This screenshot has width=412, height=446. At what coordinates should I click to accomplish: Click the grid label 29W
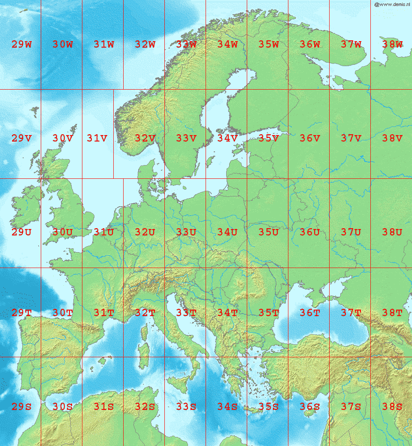point(21,44)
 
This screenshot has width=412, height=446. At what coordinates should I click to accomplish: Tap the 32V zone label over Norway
point(145,139)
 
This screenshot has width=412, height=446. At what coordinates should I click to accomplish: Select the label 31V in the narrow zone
point(97,139)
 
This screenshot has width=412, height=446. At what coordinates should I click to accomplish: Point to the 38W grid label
point(392,44)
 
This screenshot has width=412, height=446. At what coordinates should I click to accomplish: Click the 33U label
point(186,232)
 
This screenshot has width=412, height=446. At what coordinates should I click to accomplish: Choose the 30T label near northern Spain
point(63,313)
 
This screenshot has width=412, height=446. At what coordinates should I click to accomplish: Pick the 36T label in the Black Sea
point(310,313)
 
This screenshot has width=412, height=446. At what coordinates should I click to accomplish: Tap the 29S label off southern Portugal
point(21,407)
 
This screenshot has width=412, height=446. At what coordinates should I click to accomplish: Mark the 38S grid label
point(392,407)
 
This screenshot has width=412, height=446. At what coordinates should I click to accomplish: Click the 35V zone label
point(269,139)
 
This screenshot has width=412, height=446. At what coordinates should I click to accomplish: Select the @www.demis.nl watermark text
point(392,4)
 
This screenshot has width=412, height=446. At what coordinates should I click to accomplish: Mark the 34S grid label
point(227,407)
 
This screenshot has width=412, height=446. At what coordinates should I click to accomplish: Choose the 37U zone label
point(351,232)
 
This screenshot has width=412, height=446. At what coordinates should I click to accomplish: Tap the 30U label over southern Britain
point(63,232)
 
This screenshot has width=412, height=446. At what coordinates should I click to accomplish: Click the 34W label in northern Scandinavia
point(227,44)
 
